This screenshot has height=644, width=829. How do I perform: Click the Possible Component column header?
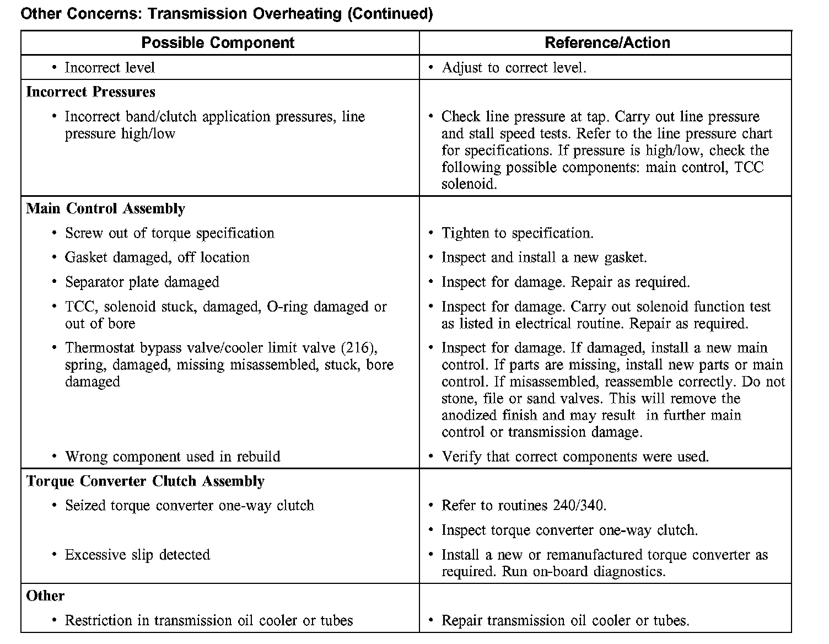click(x=218, y=43)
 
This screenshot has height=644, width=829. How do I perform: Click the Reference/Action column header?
click(x=607, y=43)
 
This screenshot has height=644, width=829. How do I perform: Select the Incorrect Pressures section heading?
click(x=90, y=92)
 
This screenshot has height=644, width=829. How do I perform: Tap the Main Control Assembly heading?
click(x=105, y=209)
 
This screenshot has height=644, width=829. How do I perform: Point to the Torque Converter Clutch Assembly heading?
click(x=145, y=481)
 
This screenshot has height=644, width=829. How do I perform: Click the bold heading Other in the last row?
click(x=45, y=596)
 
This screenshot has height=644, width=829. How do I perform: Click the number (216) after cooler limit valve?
click(x=359, y=348)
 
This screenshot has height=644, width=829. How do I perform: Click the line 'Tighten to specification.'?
click(x=517, y=233)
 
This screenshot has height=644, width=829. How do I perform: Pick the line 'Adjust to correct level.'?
click(x=514, y=68)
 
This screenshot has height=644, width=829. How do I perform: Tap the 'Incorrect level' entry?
click(x=110, y=68)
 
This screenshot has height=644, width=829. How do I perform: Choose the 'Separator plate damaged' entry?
click(x=142, y=282)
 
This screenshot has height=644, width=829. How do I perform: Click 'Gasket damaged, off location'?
click(x=157, y=257)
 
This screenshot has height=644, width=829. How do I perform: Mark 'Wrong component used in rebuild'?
click(x=173, y=457)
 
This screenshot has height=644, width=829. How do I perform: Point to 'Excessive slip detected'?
click(x=137, y=555)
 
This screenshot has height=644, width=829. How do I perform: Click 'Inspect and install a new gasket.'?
click(x=544, y=257)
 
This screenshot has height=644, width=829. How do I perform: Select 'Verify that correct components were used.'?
click(x=575, y=457)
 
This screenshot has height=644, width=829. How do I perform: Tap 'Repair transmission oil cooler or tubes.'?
click(x=565, y=621)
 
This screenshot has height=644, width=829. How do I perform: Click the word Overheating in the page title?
click(x=297, y=14)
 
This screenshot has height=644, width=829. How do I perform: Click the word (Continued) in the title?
click(x=390, y=14)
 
